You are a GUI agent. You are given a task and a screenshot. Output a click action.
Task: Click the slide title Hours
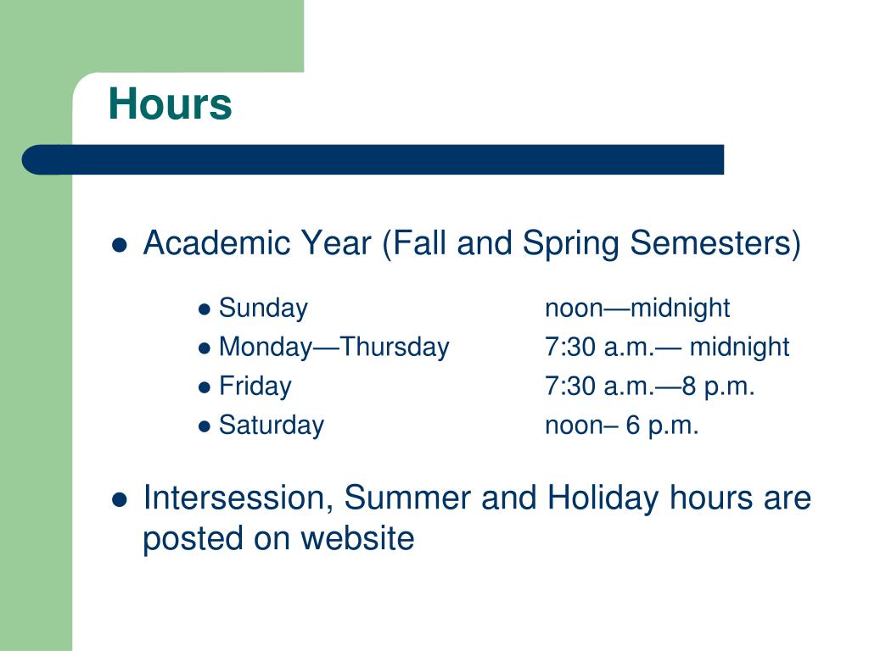[x=170, y=105]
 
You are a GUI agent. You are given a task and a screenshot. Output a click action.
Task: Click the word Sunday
[x=263, y=309]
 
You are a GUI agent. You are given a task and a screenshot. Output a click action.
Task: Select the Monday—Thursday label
[x=334, y=348]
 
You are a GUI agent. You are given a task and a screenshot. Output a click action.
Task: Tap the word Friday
[x=255, y=387]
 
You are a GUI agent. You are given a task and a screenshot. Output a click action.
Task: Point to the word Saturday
[x=271, y=426]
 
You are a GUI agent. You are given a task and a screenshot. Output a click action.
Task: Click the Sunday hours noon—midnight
[x=636, y=309]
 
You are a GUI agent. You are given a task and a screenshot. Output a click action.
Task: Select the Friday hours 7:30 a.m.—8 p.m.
[x=649, y=387]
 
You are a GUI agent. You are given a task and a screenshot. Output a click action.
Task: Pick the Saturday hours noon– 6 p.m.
[x=621, y=426]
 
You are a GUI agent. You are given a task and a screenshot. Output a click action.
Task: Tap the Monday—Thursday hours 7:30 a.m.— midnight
[x=666, y=348]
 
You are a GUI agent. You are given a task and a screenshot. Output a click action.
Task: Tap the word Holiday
[x=602, y=498]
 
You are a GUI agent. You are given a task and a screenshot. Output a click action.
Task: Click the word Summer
[x=408, y=498]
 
